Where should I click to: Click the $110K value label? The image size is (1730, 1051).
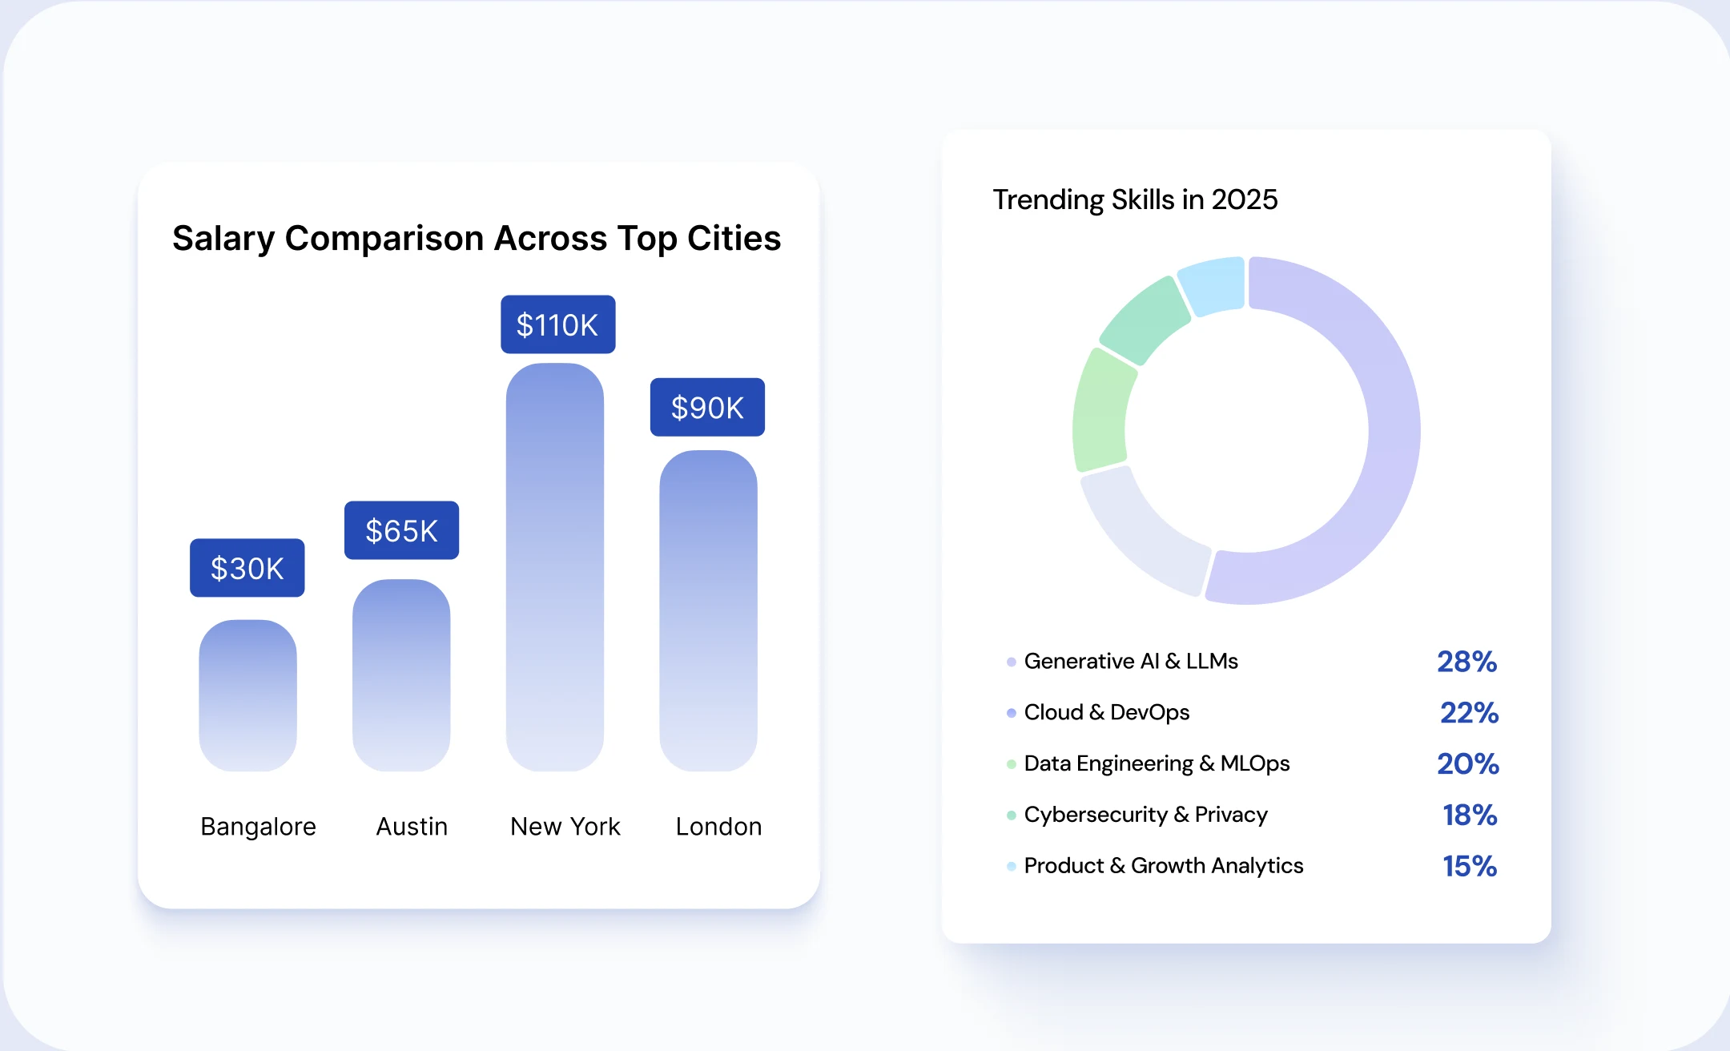pyautogui.click(x=557, y=324)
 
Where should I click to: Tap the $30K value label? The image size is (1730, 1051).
pyautogui.click(x=247, y=568)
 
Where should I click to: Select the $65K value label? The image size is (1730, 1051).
pyautogui.click(x=401, y=530)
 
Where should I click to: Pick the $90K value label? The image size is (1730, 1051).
pyautogui.click(x=707, y=407)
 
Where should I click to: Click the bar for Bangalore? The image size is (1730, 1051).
pyautogui.click(x=247, y=695)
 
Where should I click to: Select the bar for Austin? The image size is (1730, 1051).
pyautogui.click(x=401, y=675)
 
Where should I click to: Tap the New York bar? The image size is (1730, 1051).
pyautogui.click(x=554, y=567)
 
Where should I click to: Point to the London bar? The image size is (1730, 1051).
pyautogui.click(x=708, y=610)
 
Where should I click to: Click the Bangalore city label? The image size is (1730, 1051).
pyautogui.click(x=258, y=826)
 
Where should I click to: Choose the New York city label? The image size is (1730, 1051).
pyautogui.click(x=565, y=826)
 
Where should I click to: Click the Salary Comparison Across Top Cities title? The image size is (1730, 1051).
pyautogui.click(x=477, y=238)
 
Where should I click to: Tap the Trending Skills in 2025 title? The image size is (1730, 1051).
pyautogui.click(x=1135, y=199)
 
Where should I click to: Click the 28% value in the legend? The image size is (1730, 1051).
pyautogui.click(x=1466, y=662)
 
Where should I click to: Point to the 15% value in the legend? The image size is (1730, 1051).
pyautogui.click(x=1470, y=866)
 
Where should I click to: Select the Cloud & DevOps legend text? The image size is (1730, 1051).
pyautogui.click(x=1106, y=712)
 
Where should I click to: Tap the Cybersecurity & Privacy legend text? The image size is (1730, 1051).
pyautogui.click(x=1145, y=815)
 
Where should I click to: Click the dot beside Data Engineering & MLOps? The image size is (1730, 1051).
pyautogui.click(x=1012, y=764)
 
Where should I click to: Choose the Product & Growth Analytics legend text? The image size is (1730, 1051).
pyautogui.click(x=1163, y=866)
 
